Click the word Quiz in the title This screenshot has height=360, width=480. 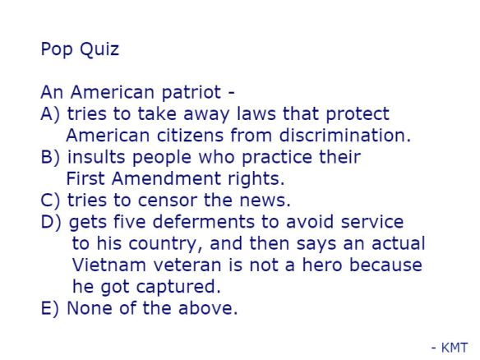point(99,49)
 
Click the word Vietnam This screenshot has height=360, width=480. point(104,265)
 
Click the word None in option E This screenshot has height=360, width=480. point(87,308)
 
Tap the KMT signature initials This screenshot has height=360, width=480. point(454,348)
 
